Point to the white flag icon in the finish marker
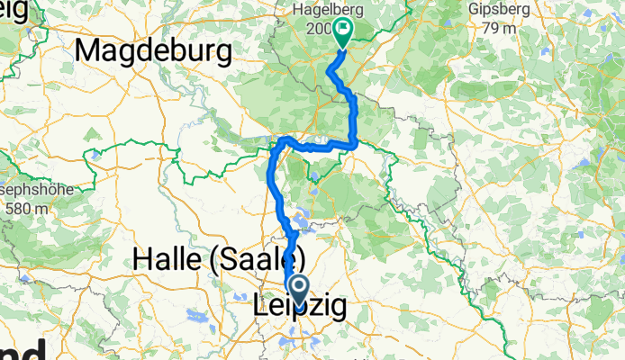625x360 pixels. (x=343, y=31)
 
